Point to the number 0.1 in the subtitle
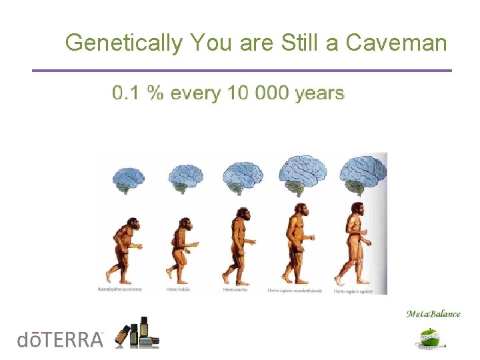coord(126,93)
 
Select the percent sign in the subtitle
coord(155,93)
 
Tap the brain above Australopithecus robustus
coord(128,179)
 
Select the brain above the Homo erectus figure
coord(239,177)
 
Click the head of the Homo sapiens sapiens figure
coord(357,210)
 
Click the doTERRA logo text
coord(60,339)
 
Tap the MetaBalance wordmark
coord(433,314)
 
